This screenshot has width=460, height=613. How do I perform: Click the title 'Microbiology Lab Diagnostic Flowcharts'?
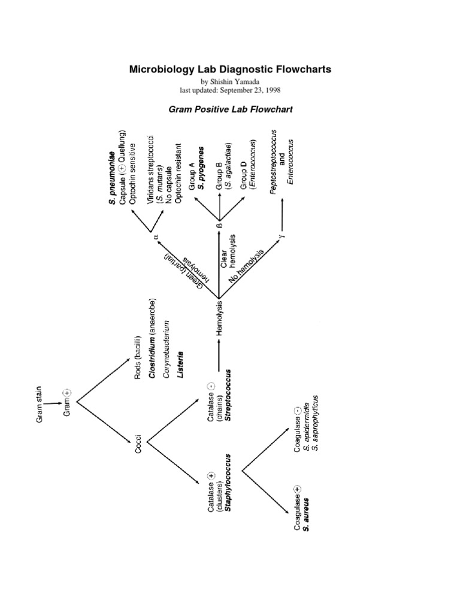tap(230, 69)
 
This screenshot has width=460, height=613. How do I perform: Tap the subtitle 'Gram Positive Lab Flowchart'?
tap(230, 110)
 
